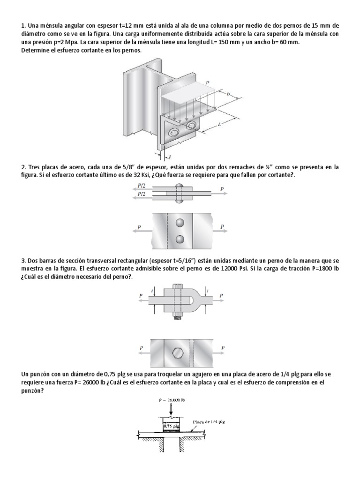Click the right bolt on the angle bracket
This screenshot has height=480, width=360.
[191, 126]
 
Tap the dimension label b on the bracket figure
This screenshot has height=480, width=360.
[229, 94]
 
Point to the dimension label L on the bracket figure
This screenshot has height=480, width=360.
[220, 124]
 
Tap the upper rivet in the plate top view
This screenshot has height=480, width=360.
[179, 222]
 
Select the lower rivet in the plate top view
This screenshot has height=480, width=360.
[179, 239]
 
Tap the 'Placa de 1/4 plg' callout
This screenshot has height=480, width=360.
[209, 422]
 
